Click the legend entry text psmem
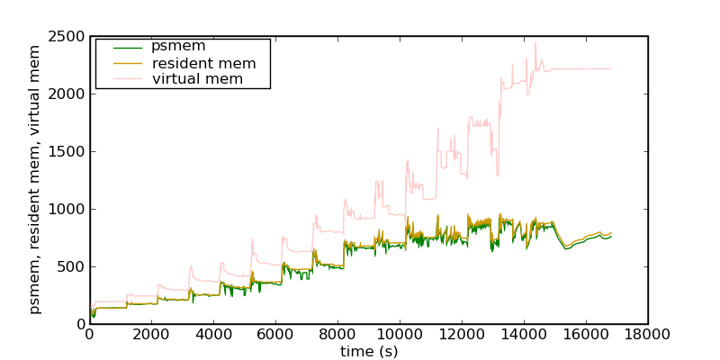tap(178, 47)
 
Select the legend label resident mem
tap(203, 63)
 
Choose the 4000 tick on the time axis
tap(213, 334)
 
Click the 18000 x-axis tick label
tap(647, 334)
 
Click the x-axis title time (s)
tap(369, 351)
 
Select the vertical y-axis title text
tap(35, 180)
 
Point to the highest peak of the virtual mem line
tap(535, 41)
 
